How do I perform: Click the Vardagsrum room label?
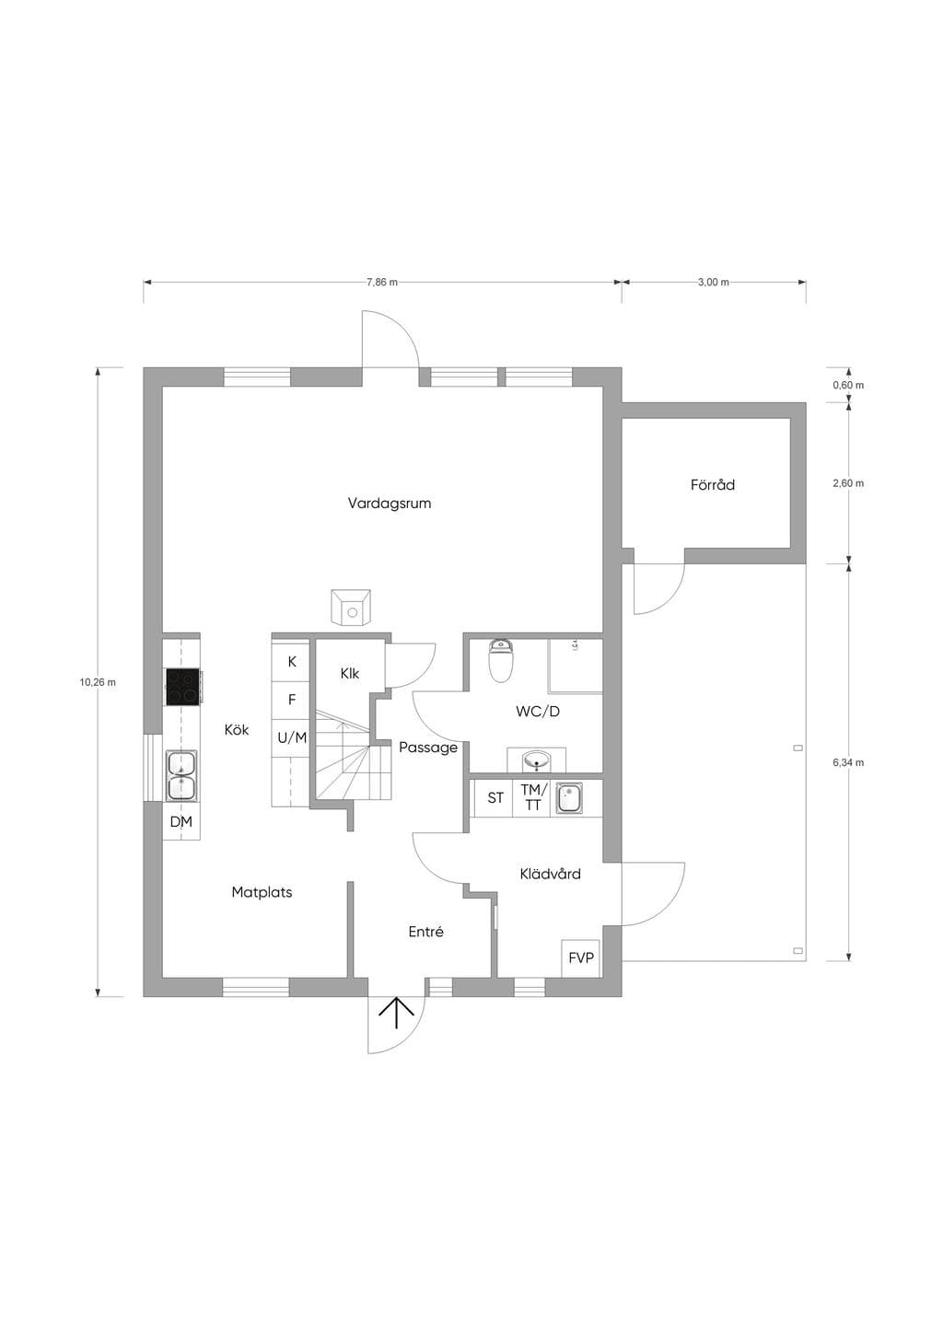[389, 504]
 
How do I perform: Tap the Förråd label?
[713, 485]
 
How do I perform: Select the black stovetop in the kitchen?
[183, 688]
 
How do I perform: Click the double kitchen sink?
[181, 775]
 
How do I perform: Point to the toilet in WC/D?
[500, 660]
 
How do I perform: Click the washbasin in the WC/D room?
[537, 760]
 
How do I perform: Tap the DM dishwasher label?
[181, 822]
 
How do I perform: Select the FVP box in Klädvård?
[581, 958]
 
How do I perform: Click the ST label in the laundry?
[495, 798]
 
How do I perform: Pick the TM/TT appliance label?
[533, 797]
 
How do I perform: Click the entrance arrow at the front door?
[397, 1013]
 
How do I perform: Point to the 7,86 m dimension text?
[382, 283]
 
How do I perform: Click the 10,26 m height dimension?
[98, 682]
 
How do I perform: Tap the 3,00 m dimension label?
[714, 283]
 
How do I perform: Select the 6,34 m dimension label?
[848, 762]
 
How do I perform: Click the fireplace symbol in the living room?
[351, 608]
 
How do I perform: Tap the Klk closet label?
[350, 674]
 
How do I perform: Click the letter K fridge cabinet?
[292, 662]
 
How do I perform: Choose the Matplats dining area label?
[262, 893]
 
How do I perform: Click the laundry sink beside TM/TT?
[569, 798]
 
